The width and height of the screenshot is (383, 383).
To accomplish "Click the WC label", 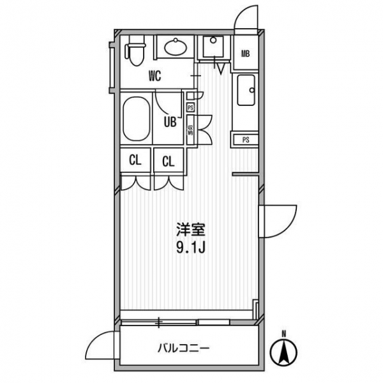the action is click(155, 76).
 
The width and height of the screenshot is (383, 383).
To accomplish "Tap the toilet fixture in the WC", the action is click(135, 50).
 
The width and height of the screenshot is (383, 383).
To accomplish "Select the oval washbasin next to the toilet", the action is click(176, 47).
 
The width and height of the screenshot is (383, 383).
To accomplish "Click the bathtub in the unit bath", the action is click(137, 119).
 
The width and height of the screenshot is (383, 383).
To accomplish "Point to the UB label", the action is click(170, 122).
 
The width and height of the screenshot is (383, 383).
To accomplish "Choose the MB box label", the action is click(246, 54).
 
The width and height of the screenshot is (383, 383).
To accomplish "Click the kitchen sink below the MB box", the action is click(246, 90).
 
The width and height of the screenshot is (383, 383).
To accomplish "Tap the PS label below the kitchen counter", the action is click(246, 140).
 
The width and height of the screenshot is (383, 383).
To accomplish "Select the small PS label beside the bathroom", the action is click(190, 107).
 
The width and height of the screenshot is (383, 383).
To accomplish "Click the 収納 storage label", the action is click(190, 130).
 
